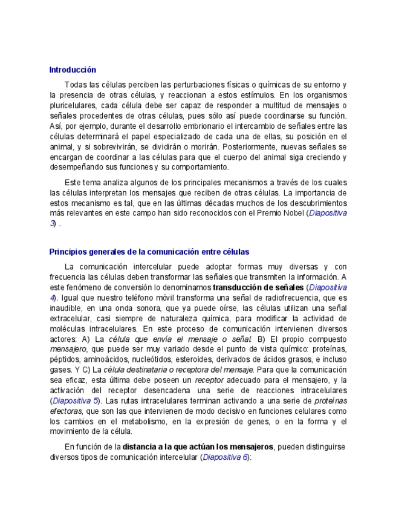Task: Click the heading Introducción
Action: [73, 70]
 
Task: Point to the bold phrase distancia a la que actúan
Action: [175, 446]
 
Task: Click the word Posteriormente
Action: [251, 146]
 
